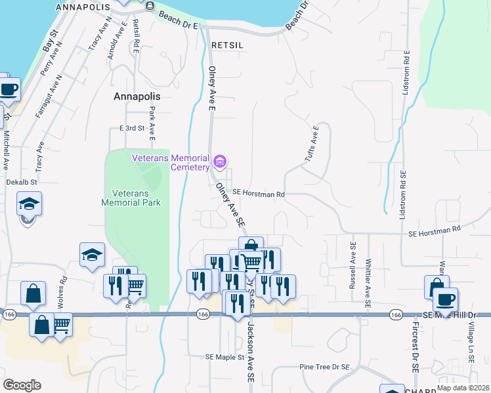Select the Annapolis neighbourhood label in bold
point(137,96)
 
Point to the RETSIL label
point(228,45)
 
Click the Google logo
point(22,385)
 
